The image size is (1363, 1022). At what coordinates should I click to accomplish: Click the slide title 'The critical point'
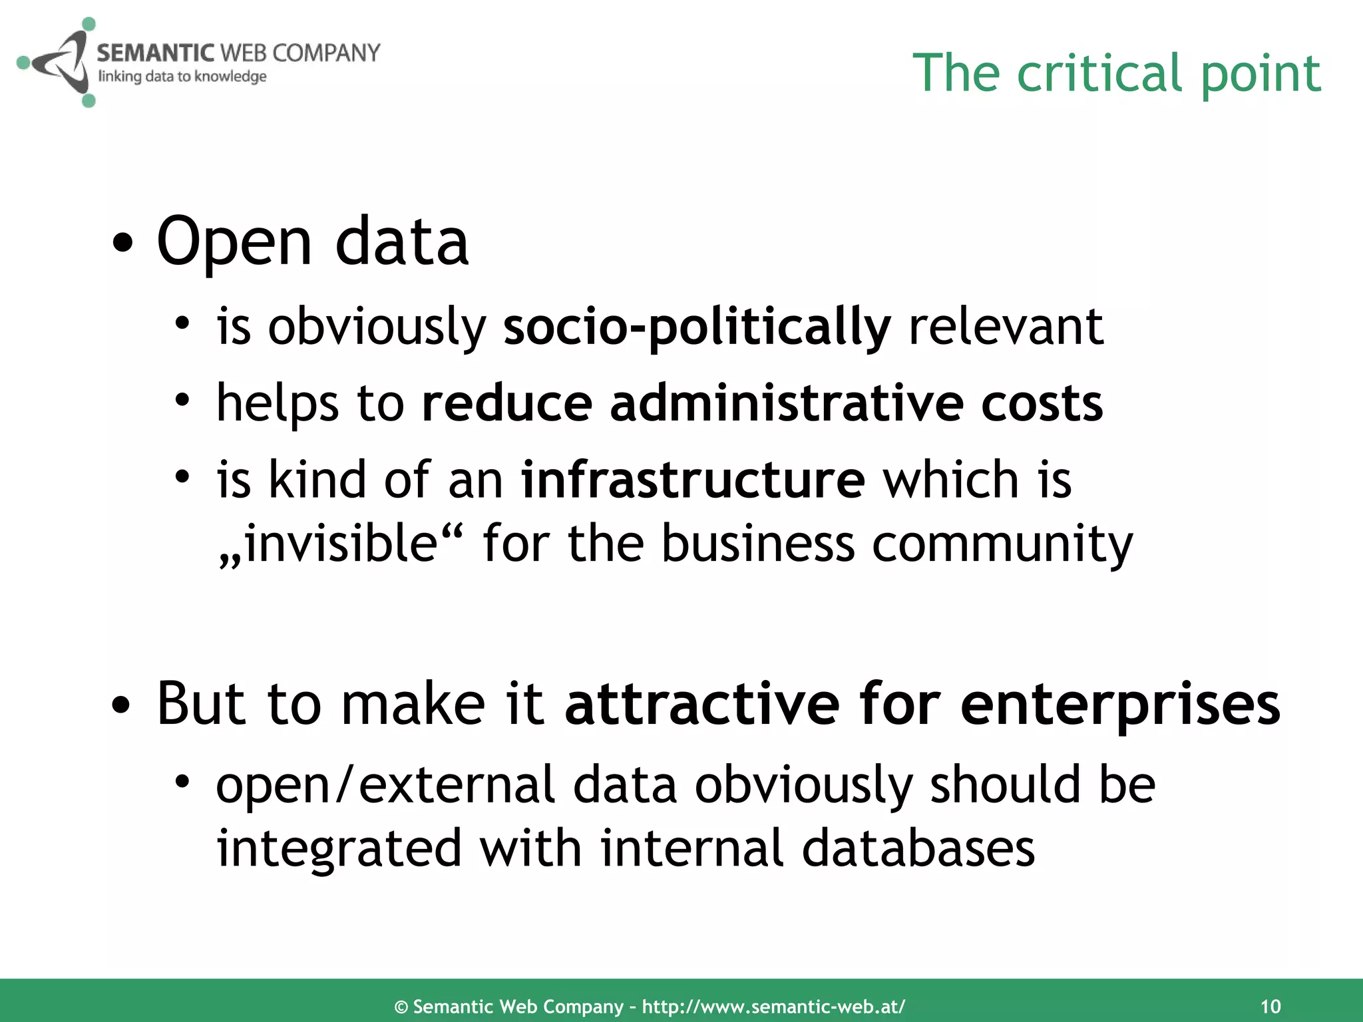click(1116, 73)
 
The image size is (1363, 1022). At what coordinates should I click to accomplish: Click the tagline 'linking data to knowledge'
click(182, 77)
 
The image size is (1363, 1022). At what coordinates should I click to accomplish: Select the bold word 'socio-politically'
click(696, 327)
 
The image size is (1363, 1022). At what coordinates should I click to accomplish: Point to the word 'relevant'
click(1006, 327)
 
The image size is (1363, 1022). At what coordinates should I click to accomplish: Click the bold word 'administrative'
click(786, 404)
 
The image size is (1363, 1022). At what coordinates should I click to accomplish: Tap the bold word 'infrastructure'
click(692, 480)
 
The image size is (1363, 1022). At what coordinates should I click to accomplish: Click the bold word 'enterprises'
click(1120, 705)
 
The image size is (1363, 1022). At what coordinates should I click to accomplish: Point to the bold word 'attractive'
click(702, 705)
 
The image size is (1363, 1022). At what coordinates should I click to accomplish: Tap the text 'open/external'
click(385, 785)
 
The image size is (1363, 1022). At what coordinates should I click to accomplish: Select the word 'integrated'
click(339, 850)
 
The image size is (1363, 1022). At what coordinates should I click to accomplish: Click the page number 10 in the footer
click(1270, 1006)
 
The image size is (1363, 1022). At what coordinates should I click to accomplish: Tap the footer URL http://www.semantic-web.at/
click(773, 1006)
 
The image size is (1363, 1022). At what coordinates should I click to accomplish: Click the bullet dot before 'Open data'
click(122, 244)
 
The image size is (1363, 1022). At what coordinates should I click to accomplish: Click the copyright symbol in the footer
click(401, 1007)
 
